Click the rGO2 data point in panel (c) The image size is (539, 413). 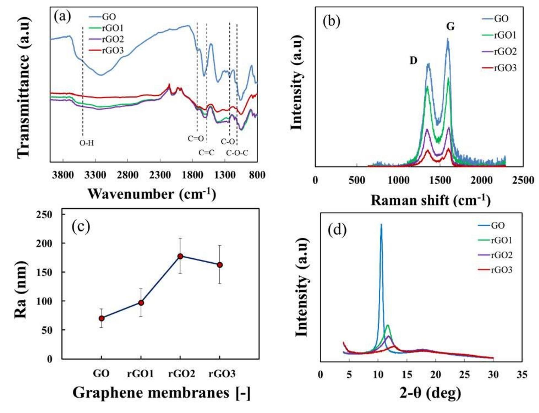[x=180, y=256]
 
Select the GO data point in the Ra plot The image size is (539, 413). [x=102, y=318]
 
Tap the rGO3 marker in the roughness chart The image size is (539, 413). [x=220, y=265]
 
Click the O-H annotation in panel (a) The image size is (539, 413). [x=87, y=143]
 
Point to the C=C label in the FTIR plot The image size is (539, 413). [x=206, y=153]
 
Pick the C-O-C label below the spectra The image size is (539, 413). [x=237, y=153]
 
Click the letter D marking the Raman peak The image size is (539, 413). [x=413, y=61]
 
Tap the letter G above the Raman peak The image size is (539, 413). [x=450, y=27]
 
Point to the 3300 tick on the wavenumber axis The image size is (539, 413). [x=95, y=175]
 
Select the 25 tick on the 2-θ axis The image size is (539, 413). [x=464, y=375]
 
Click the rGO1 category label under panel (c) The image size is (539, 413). [x=141, y=374]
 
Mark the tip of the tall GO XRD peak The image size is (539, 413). [x=381, y=224]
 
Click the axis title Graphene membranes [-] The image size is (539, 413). [x=161, y=393]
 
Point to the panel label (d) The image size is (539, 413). [x=337, y=230]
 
